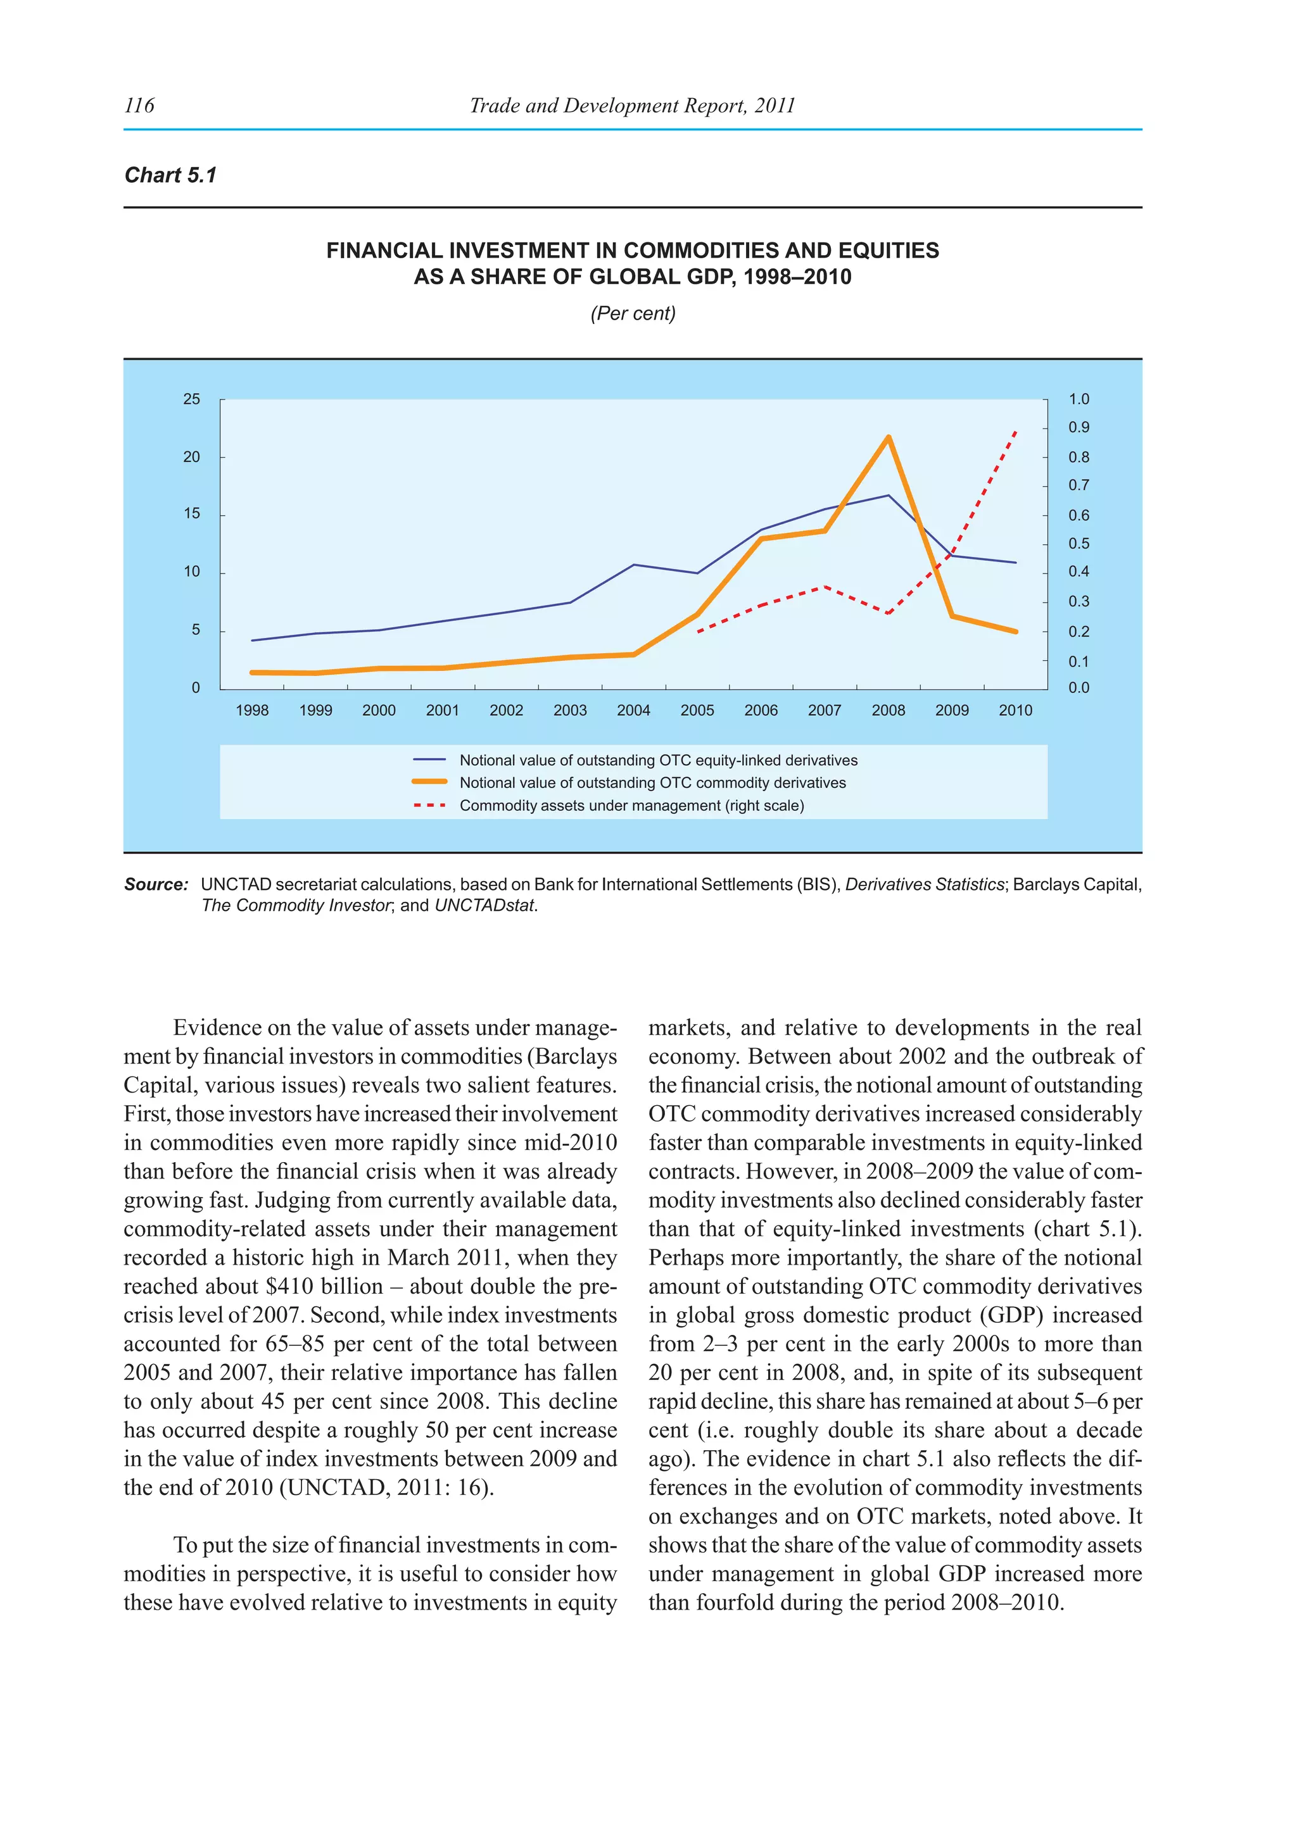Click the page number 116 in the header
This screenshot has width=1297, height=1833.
tap(139, 105)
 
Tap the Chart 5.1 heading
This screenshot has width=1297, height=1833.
tap(170, 175)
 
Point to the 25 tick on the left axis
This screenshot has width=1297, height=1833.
tap(192, 399)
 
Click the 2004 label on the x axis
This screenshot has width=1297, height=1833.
tap(633, 711)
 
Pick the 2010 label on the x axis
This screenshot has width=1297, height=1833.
tap(1015, 711)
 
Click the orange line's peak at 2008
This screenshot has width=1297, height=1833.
tap(888, 437)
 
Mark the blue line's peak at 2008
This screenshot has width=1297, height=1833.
tap(888, 496)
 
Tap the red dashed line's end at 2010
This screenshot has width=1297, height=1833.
tap(1016, 432)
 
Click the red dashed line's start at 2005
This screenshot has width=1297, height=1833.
tap(697, 632)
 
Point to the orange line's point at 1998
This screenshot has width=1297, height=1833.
tap(253, 672)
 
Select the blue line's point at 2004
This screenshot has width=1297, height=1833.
tap(633, 565)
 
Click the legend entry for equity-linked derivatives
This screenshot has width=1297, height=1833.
tap(658, 760)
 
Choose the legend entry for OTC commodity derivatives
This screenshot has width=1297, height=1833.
tap(652, 782)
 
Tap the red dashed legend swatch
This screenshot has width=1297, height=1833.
tap(429, 806)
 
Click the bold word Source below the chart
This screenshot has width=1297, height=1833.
tap(155, 885)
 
